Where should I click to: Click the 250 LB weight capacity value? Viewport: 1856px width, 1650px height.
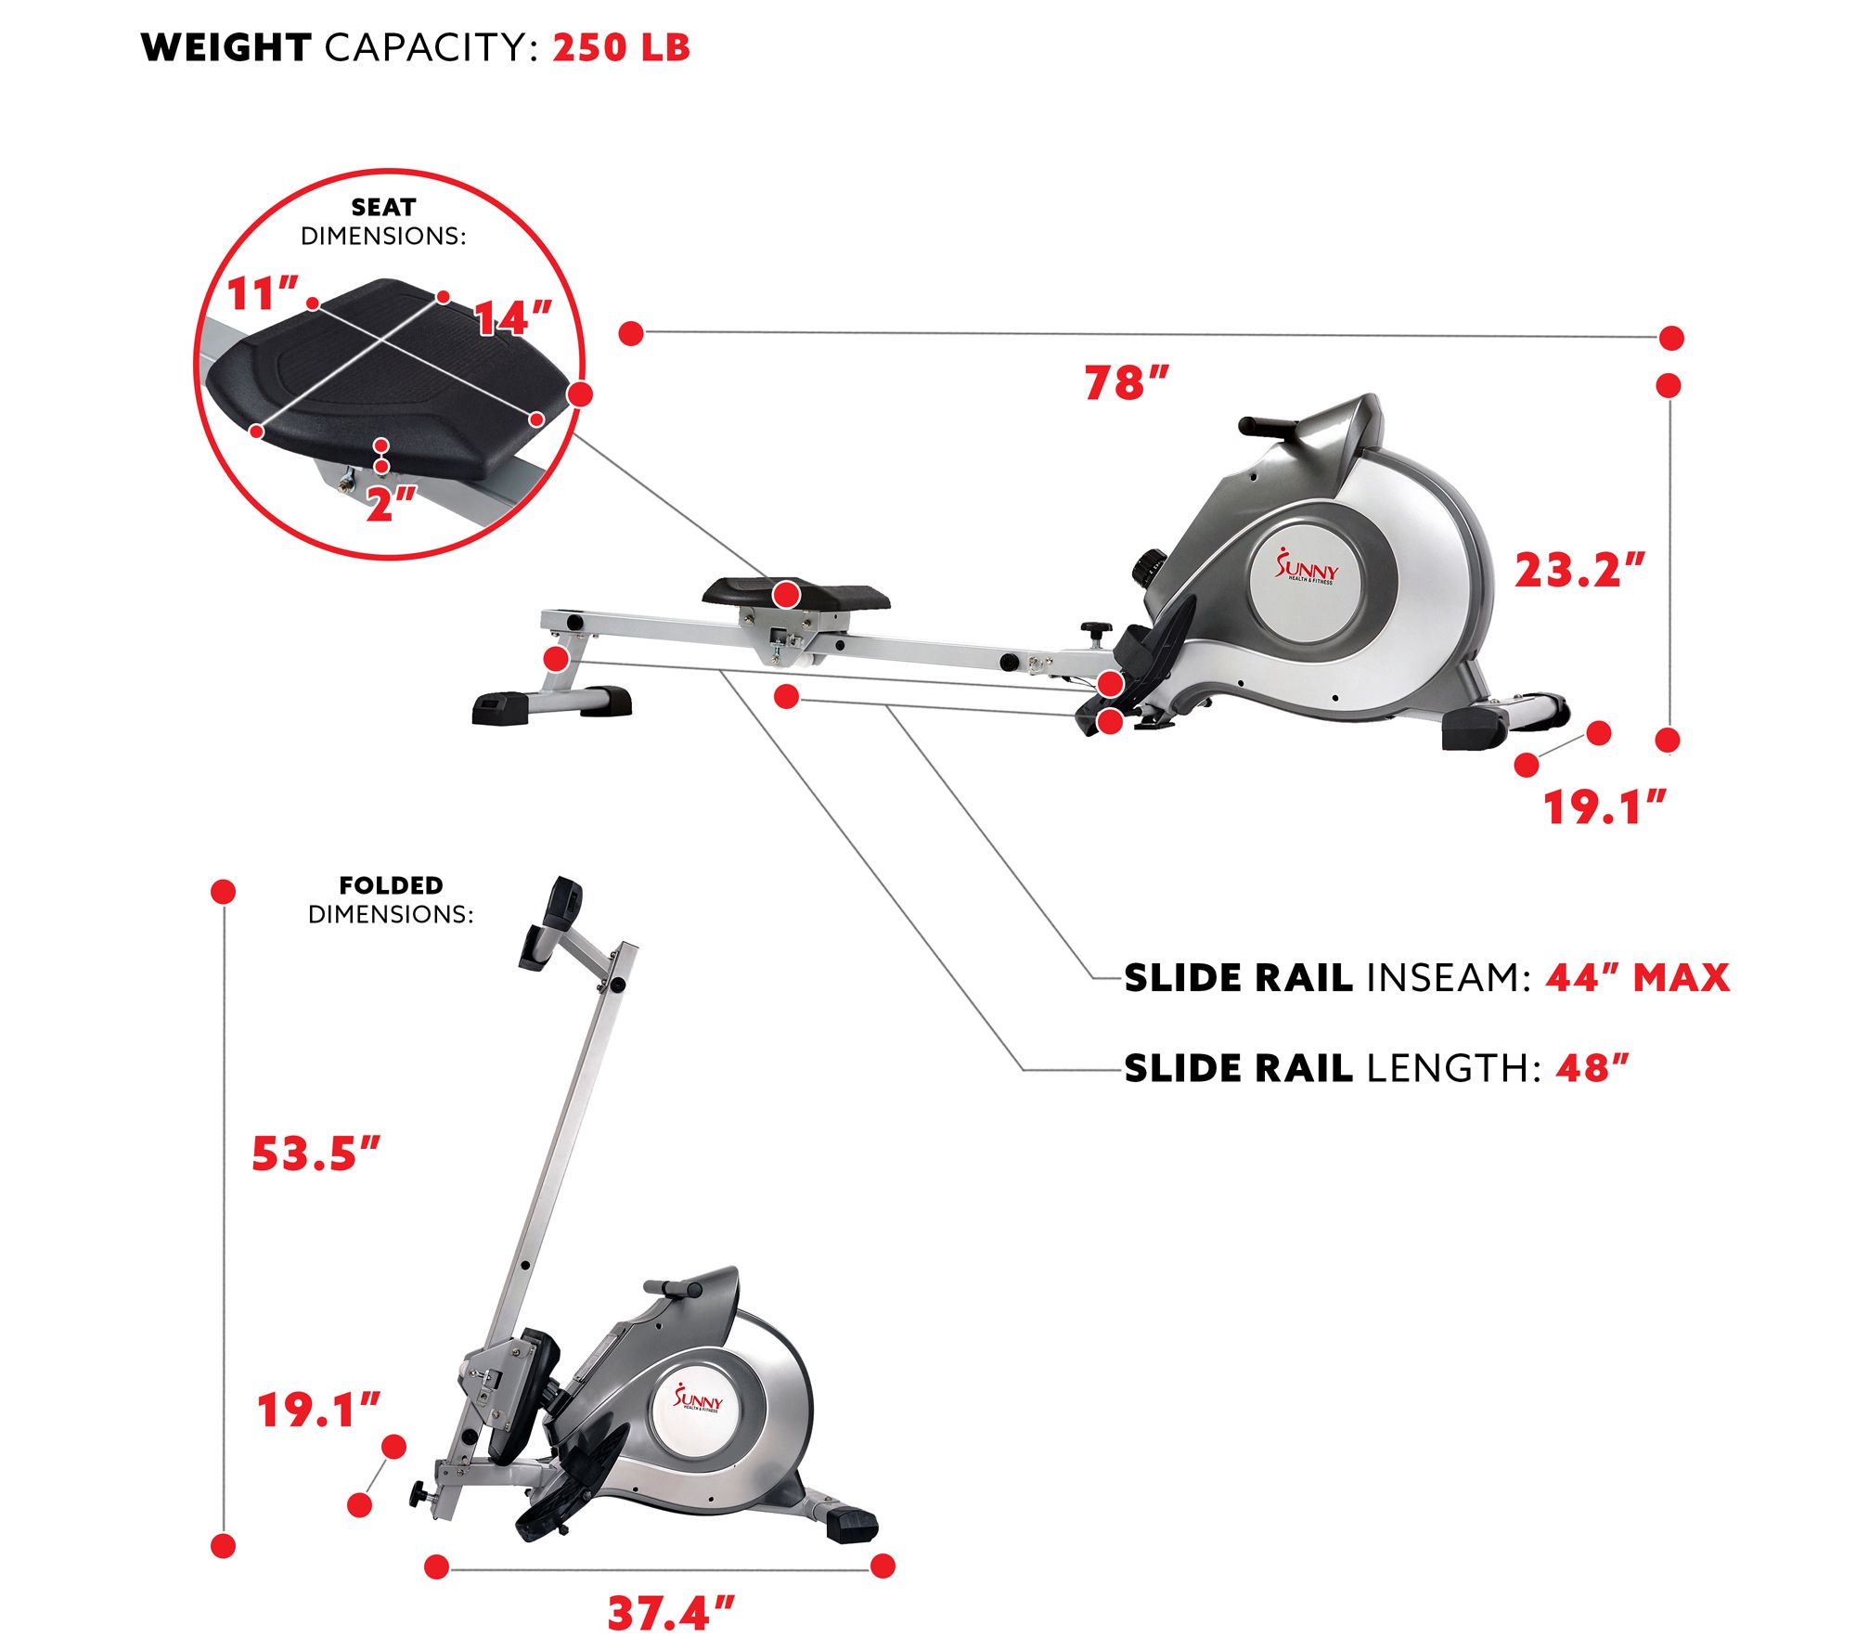click(621, 47)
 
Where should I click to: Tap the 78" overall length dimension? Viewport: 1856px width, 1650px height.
click(1126, 382)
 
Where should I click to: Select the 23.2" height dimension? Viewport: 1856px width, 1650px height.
click(1579, 570)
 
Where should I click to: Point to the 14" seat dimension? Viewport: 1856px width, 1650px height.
click(513, 318)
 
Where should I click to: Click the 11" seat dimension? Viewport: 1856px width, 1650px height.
click(263, 294)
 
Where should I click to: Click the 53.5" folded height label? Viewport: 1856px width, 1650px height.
click(316, 1154)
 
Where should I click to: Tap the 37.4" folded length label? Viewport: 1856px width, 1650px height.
click(670, 1613)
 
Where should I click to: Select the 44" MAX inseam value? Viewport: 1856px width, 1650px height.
click(1637, 978)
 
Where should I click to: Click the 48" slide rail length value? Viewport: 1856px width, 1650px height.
click(1592, 1068)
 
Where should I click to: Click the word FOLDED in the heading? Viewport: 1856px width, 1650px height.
click(391, 885)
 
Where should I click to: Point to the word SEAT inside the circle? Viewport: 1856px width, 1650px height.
click(383, 207)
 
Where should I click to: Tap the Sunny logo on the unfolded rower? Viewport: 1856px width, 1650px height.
click(1307, 567)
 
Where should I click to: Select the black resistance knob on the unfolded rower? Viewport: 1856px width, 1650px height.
click(1151, 567)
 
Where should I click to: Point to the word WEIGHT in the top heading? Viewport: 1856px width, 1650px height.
click(226, 47)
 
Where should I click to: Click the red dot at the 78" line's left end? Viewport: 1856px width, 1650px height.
click(631, 333)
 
